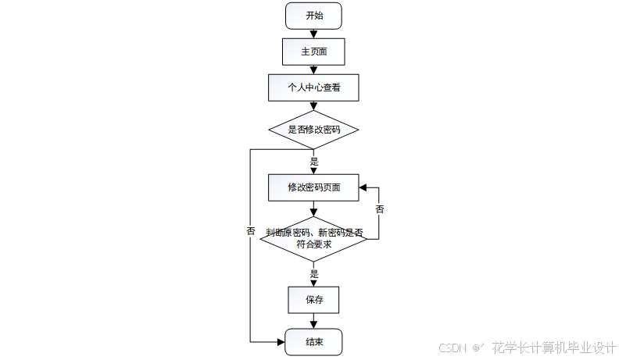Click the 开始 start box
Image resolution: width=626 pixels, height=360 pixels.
313,16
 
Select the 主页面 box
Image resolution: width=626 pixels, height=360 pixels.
313,52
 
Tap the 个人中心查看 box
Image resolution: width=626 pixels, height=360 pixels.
313,88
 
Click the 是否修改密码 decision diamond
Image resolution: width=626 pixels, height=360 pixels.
313,130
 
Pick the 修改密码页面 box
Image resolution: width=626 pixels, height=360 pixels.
313,187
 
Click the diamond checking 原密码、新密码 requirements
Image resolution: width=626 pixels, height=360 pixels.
313,238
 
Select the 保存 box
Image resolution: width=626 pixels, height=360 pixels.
313,299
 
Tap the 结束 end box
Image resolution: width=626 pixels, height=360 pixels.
313,342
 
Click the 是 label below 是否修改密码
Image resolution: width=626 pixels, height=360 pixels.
314,162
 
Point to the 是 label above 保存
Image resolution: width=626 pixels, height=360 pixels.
314,274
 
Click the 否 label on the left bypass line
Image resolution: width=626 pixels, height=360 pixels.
251,231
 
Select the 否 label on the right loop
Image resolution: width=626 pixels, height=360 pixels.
379,210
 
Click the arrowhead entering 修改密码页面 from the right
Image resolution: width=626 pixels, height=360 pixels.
364,187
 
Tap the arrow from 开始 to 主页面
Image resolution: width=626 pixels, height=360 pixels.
313,33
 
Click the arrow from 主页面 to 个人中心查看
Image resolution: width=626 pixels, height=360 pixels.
313,70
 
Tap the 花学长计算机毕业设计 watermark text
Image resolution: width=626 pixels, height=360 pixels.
554,348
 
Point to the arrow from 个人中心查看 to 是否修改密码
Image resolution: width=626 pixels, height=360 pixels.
313,107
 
